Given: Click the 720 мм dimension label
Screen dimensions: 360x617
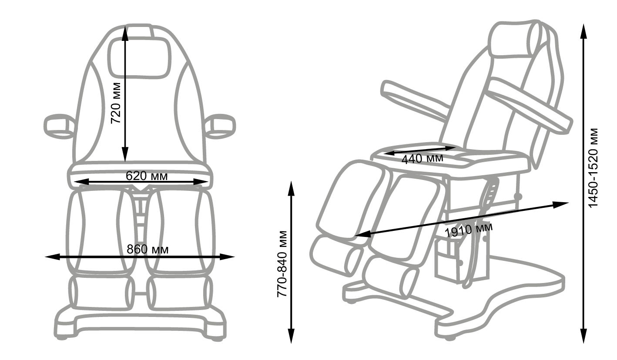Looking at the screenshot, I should (x=116, y=103).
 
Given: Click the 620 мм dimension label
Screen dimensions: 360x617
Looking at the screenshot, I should (x=147, y=176).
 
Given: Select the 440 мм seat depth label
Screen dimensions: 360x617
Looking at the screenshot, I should (x=422, y=158).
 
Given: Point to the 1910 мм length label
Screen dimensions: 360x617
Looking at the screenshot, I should (x=469, y=230).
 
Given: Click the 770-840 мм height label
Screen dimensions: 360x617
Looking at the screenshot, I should (x=283, y=264).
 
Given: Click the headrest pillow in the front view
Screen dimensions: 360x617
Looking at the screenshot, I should (x=138, y=58).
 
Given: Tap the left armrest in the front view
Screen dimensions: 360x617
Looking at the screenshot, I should (x=59, y=126).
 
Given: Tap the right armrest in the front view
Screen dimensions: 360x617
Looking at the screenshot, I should (x=220, y=126).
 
